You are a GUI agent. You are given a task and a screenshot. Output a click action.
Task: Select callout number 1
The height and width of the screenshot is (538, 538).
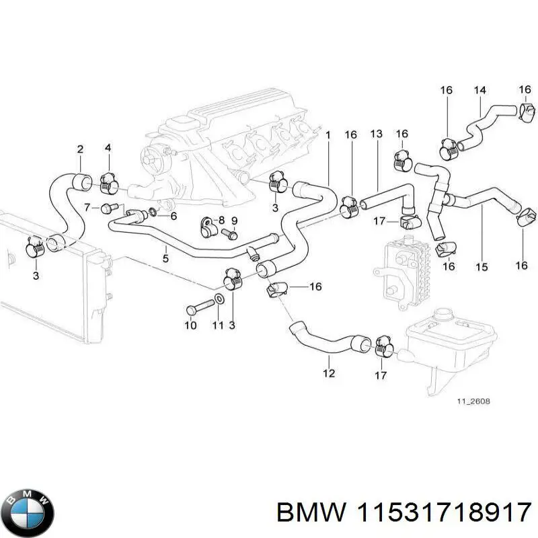tap(328, 136)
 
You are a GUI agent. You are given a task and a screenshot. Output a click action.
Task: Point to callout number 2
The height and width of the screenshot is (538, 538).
tap(80, 149)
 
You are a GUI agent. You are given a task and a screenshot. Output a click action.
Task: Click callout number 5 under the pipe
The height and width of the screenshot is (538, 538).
tap(165, 257)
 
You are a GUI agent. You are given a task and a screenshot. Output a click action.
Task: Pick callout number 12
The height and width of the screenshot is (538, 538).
tap(329, 374)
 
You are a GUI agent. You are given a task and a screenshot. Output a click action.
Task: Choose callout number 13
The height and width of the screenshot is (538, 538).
tap(376, 135)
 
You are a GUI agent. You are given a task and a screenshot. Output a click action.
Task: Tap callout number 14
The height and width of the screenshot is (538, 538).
tap(479, 89)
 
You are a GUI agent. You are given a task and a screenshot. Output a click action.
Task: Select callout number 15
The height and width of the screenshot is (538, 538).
tap(481, 267)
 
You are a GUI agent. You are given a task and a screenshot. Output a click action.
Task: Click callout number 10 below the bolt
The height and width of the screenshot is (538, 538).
tap(190, 325)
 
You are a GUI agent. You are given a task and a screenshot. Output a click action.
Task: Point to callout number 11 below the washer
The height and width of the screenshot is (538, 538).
tap(217, 325)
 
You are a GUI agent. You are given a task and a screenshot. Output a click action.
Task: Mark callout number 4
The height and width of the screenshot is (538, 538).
tap(108, 149)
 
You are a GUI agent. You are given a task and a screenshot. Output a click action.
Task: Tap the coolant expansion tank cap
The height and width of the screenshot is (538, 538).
tap(445, 314)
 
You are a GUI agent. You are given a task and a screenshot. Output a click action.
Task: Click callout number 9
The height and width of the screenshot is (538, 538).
tap(234, 221)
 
